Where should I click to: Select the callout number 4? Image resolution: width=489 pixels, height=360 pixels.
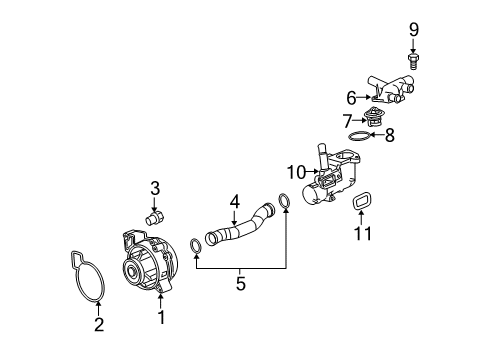(234, 201)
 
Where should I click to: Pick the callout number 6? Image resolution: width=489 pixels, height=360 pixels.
(351, 98)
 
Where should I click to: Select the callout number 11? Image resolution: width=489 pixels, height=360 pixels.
(364, 234)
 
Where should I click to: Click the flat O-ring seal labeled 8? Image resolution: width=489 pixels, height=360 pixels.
(364, 136)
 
